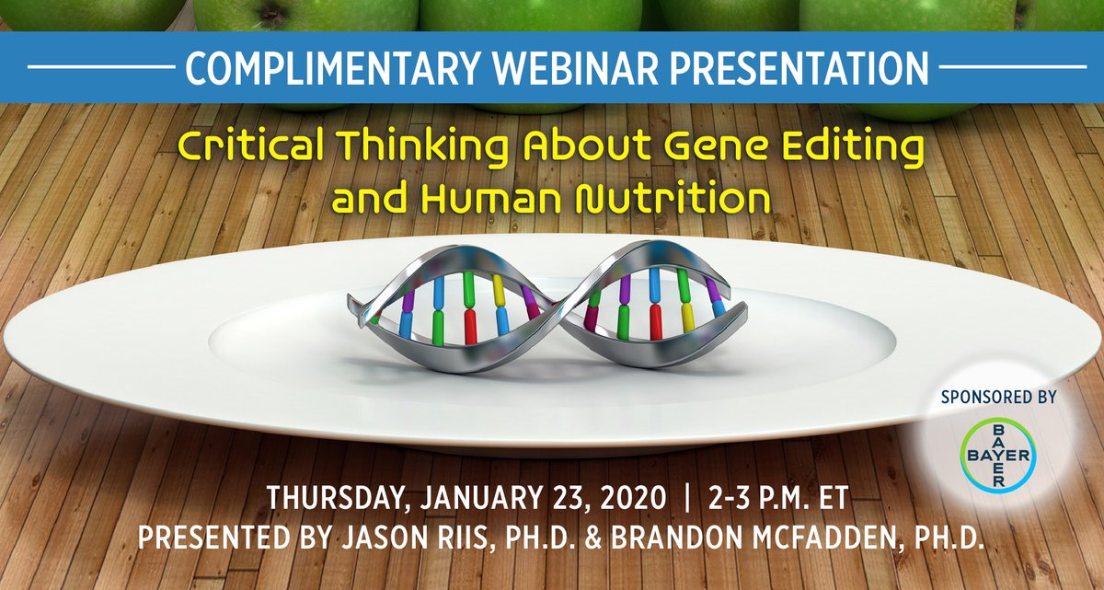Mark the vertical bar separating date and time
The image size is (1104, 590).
tap(685, 498)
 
